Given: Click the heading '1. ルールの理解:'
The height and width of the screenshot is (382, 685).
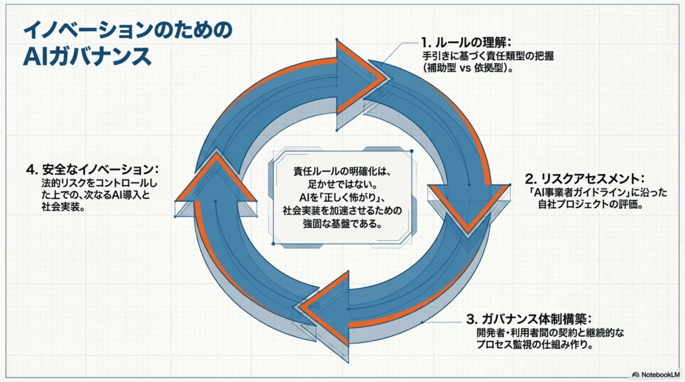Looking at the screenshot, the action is pyautogui.click(x=466, y=42).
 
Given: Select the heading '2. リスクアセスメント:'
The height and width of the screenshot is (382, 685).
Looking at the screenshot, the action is pyautogui.click(x=585, y=179).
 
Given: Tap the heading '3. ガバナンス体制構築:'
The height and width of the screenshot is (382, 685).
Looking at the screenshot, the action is pyautogui.click(x=529, y=319).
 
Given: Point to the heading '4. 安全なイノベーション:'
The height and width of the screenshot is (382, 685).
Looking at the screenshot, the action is pyautogui.click(x=92, y=169).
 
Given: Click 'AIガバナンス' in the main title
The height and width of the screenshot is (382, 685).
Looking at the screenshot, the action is pyautogui.click(x=87, y=57).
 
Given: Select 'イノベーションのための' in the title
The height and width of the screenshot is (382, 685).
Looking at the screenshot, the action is pyautogui.click(x=127, y=30).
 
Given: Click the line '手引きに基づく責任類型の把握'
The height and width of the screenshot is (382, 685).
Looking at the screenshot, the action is pyautogui.click(x=488, y=56).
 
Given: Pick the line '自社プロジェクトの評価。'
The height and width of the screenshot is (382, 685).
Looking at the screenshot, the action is pyautogui.click(x=591, y=204).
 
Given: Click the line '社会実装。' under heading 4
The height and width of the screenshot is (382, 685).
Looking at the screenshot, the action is pyautogui.click(x=63, y=207).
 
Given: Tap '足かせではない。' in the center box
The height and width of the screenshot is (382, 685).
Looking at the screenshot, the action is pyautogui.click(x=342, y=185).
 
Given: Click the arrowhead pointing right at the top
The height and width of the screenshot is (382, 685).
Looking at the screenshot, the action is pyautogui.click(x=361, y=78).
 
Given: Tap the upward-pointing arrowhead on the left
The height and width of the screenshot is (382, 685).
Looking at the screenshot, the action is pyautogui.click(x=216, y=179).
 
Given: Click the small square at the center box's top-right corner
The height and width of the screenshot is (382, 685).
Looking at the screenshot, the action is pyautogui.click(x=412, y=151).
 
